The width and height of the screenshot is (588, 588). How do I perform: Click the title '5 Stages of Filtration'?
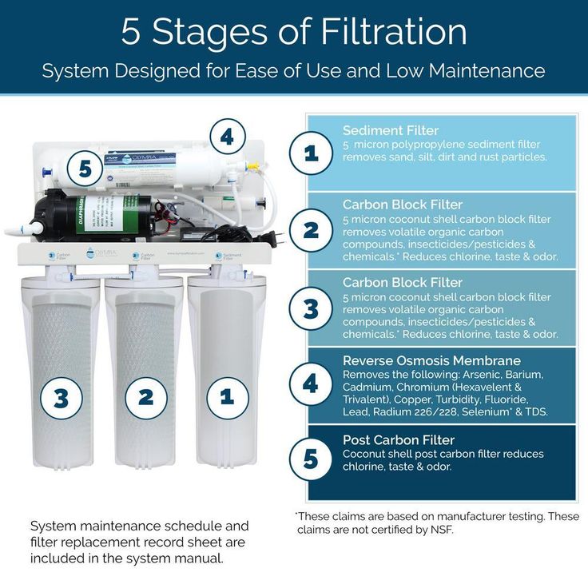click(x=294, y=32)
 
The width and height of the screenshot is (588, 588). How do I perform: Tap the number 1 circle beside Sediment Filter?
click(x=311, y=153)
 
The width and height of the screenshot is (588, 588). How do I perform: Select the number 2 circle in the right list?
click(x=311, y=231)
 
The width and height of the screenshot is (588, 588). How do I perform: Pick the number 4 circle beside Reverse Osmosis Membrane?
click(x=311, y=384)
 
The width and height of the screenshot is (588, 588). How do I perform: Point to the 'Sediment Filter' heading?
click(x=391, y=130)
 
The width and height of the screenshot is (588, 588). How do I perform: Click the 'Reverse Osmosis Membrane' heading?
click(x=431, y=360)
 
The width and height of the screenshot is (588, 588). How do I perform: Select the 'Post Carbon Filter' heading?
click(x=399, y=439)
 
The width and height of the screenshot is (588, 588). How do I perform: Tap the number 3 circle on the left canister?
click(x=62, y=398)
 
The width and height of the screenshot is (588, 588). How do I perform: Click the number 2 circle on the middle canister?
click(x=145, y=398)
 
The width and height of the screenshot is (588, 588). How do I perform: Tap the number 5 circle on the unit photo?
click(x=85, y=169)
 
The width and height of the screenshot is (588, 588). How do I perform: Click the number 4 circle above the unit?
click(x=227, y=137)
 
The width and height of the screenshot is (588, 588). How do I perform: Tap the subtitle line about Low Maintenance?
click(x=294, y=70)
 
